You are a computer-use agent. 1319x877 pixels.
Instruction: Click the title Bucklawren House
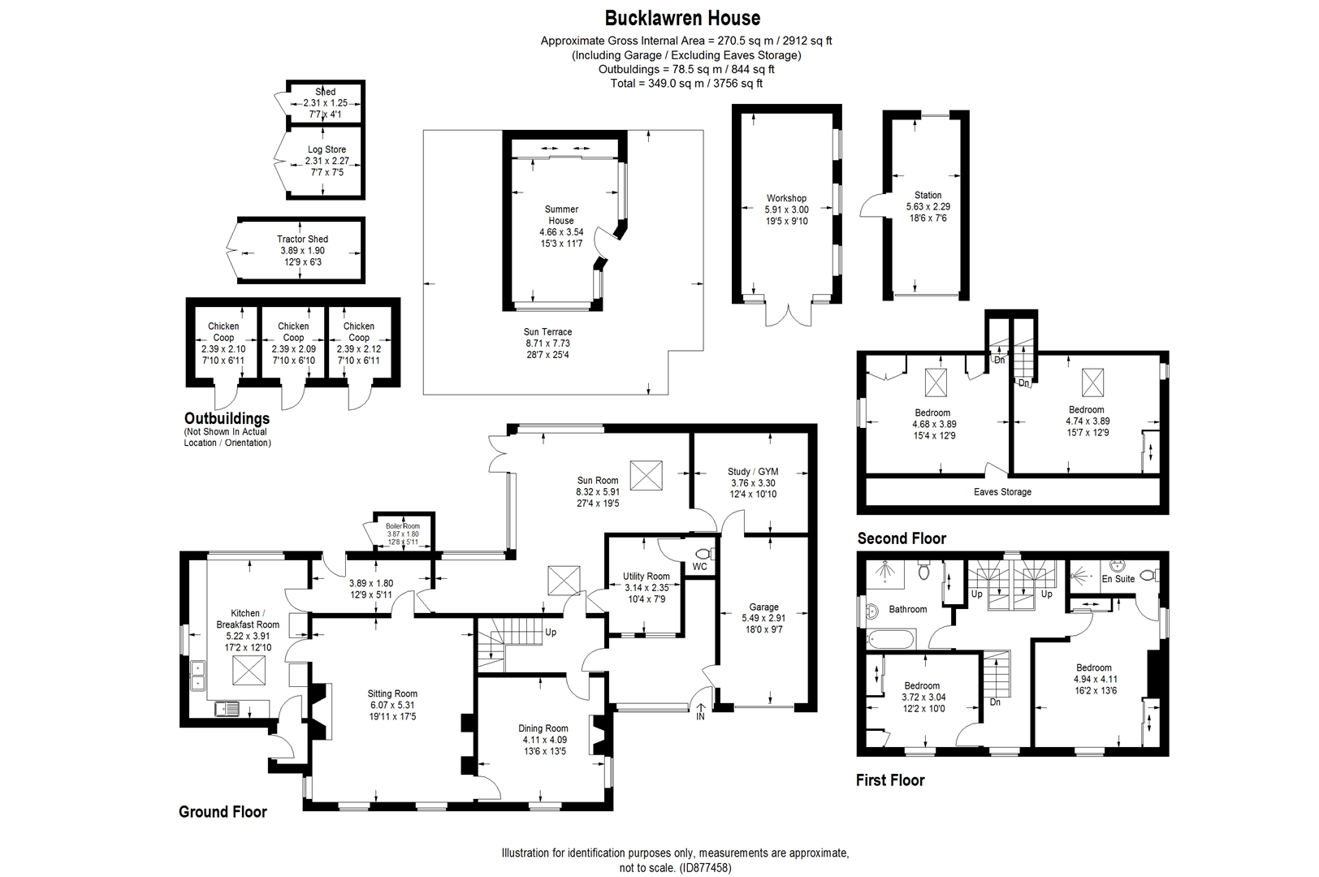[x=683, y=18]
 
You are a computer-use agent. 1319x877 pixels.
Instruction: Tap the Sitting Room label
[x=392, y=693]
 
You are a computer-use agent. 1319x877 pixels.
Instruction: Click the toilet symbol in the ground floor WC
[x=701, y=553]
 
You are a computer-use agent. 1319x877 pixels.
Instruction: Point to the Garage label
[x=763, y=607]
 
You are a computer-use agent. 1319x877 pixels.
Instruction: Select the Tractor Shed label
[x=302, y=240]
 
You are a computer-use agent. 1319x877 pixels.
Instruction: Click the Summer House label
[x=560, y=215]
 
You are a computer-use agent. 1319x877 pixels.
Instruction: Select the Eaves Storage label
[x=1002, y=491]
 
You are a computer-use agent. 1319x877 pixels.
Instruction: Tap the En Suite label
[x=1118, y=579]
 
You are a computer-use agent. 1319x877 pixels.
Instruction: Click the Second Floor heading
[x=902, y=538]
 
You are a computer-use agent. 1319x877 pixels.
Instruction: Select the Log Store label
[x=327, y=149]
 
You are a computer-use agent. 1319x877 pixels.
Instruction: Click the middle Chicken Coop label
[x=293, y=331]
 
